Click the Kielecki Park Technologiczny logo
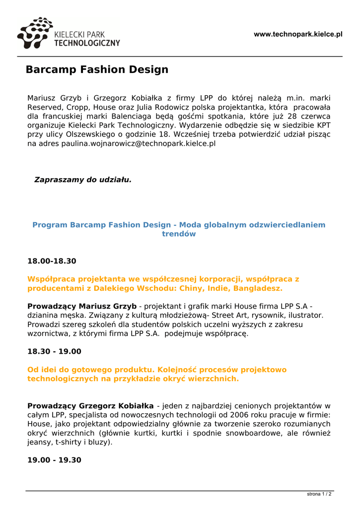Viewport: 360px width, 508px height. tap(69, 34)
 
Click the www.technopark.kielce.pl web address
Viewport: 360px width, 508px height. tap(298, 34)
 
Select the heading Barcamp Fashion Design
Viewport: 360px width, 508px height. tap(97, 69)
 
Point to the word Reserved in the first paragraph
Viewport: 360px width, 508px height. tap(45, 107)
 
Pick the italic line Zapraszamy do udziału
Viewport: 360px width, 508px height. tap(82, 180)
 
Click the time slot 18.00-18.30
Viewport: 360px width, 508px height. tap(52, 261)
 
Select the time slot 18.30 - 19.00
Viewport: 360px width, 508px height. tap(54, 351)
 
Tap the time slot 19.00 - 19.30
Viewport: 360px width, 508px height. tap(54, 460)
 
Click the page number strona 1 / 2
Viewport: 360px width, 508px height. tap(319, 494)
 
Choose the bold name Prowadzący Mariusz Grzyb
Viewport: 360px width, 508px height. tap(82, 306)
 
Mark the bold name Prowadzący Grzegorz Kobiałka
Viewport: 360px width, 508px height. tap(90, 405)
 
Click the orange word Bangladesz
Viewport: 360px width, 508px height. tap(257, 288)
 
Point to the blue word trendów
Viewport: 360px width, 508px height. tap(179, 234)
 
